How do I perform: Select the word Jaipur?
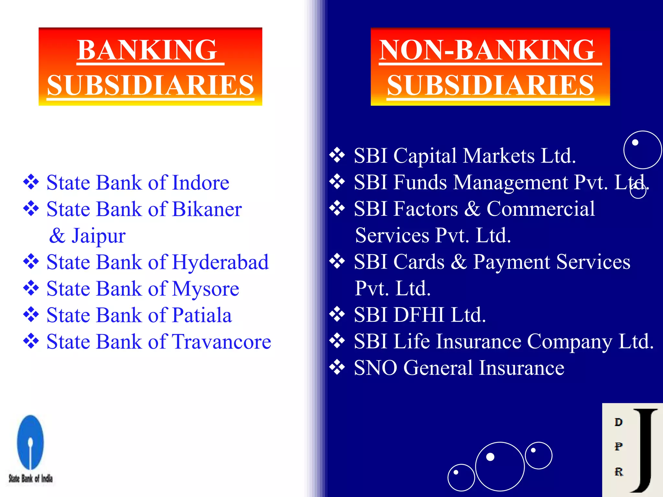click(98, 236)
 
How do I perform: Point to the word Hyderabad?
click(220, 262)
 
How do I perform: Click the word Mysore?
click(206, 289)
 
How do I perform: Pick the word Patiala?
click(202, 315)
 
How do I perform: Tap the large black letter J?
click(644, 450)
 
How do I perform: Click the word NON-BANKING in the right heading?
click(487, 50)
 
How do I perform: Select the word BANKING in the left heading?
click(147, 50)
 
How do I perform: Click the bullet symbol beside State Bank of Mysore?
click(31, 288)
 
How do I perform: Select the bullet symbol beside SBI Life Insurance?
click(337, 341)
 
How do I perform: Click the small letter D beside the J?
click(618, 422)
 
